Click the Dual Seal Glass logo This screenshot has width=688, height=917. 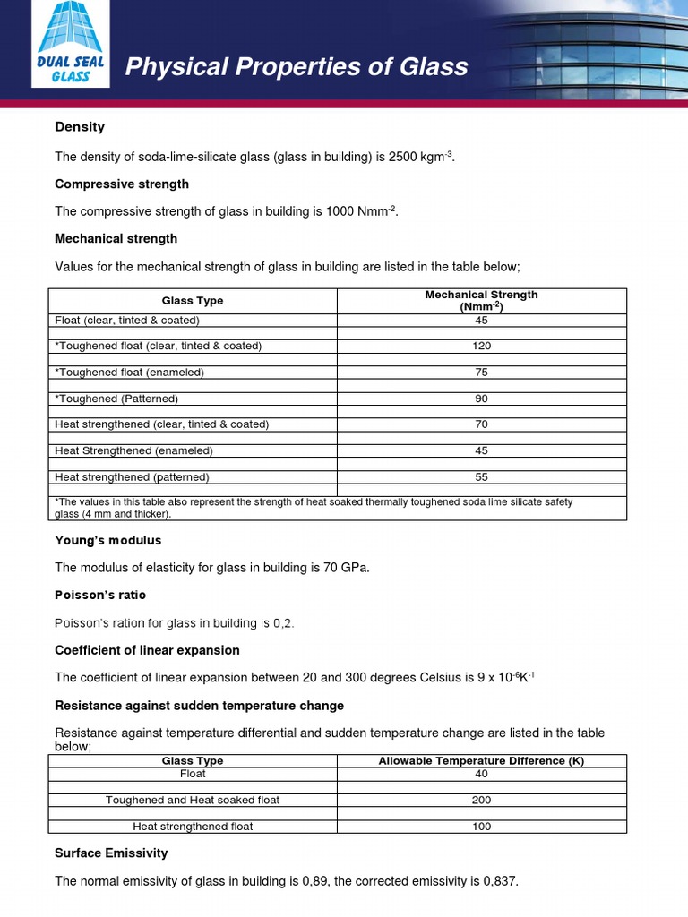pos(71,45)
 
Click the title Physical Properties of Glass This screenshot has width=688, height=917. pos(296,66)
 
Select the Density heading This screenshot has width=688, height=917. pos(80,127)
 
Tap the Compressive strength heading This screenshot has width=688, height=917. pos(122,184)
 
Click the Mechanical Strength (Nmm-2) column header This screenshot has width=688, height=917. pos(481,300)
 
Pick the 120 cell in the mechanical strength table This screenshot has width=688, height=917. pos(482,346)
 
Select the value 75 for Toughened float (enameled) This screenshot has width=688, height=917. pos(482,372)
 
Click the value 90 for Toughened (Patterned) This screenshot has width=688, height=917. pos(482,399)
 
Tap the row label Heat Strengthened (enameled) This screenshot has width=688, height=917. pos(133,450)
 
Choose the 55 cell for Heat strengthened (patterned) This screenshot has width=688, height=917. pos(482,477)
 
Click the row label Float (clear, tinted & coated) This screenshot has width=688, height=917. pos(127,320)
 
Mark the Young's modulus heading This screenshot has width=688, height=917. pos(108,541)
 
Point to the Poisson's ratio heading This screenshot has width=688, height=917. pos(100,596)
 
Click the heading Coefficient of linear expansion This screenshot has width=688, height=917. pos(147,650)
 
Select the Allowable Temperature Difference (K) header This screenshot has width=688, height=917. pos(481,760)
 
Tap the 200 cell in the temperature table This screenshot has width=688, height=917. pos(482,800)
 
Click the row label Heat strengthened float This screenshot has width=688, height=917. pos(193,827)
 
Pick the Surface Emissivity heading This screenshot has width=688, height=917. pos(111,853)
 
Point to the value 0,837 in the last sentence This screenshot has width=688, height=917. pos(499,881)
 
